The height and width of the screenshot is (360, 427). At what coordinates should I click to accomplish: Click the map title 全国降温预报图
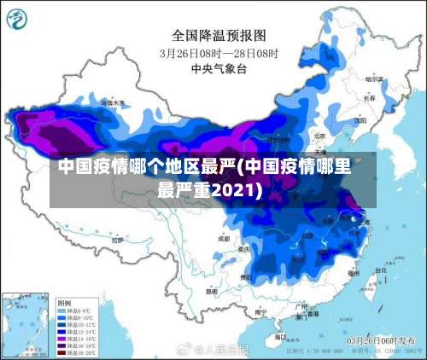tap(219, 35)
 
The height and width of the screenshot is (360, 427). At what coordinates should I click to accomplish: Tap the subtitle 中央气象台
tap(219, 68)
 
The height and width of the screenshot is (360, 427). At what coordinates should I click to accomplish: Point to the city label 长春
tap(369, 98)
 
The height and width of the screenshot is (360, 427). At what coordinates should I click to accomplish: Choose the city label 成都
tap(224, 240)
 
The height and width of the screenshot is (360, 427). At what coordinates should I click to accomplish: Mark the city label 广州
tap(300, 305)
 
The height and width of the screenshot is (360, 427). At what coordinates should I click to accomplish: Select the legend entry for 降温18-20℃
tap(77, 351)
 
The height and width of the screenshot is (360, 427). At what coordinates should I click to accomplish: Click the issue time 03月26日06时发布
tap(380, 340)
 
